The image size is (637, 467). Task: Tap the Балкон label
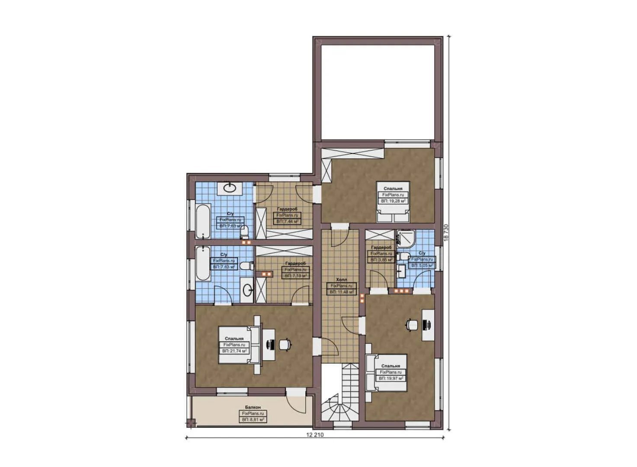coord(253,407)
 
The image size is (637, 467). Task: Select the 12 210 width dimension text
coord(314,435)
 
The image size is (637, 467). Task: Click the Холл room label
coord(341,280)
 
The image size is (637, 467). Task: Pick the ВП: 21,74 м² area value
coord(234,351)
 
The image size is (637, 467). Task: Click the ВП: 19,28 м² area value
coord(393,201)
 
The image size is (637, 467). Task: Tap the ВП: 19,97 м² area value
coord(391,378)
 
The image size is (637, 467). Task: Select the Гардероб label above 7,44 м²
coord(287,209)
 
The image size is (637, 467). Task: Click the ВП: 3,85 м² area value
coord(381,260)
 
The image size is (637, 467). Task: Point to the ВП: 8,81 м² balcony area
coord(253,419)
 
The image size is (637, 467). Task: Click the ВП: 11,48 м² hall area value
coord(341,292)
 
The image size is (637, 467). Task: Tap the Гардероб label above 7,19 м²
coord(296,263)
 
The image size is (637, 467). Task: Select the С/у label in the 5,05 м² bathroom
coord(422,253)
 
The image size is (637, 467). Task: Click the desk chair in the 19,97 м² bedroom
coord(411,324)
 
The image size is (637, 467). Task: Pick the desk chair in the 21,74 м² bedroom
coord(285,344)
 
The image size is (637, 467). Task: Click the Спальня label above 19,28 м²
coord(393,189)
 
